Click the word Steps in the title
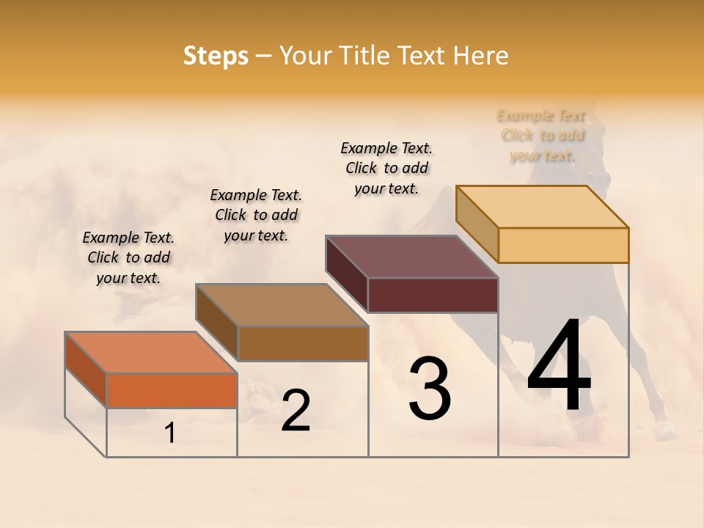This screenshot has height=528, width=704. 216,56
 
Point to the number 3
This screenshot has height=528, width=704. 430,389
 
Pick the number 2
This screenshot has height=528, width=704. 296,411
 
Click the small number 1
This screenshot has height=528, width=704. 170,433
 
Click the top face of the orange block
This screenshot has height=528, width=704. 150,352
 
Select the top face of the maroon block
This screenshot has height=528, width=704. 411,257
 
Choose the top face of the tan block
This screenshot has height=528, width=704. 542,206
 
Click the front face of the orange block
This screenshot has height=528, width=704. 172,390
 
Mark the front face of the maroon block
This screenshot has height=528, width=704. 433,295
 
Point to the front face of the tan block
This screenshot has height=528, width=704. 563,245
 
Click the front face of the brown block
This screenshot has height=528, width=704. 302,343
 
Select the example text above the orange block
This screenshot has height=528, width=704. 128,257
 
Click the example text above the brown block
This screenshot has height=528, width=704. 256,215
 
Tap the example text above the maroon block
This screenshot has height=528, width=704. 386,168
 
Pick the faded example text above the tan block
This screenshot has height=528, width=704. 543,136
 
